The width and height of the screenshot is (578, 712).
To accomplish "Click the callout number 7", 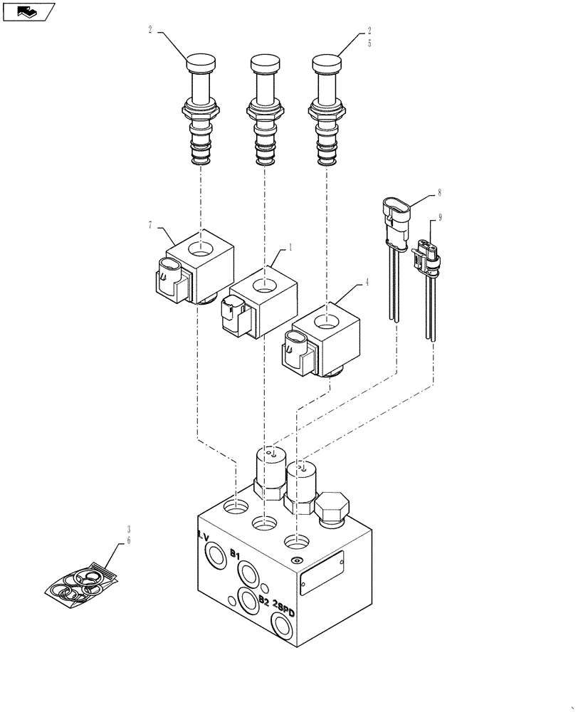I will click(150, 226).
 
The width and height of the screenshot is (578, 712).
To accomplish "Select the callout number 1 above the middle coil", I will click(290, 248).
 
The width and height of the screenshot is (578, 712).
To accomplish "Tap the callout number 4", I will click(367, 282).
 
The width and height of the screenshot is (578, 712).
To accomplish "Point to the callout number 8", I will click(440, 192).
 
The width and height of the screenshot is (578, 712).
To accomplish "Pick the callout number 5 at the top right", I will click(369, 42).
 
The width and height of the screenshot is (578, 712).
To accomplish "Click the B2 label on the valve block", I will click(263, 601).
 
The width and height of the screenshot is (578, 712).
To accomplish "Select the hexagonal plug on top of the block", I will click(331, 509).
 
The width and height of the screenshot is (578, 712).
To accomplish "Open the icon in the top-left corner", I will click(28, 12).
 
